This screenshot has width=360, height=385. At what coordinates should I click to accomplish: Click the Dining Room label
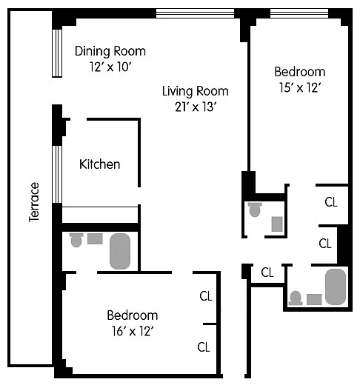(x=110, y=51)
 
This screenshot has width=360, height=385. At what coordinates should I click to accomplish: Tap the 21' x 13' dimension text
(x=196, y=107)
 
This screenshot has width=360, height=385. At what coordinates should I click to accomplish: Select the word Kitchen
(x=100, y=164)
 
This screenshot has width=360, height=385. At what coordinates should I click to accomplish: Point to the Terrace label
(x=34, y=202)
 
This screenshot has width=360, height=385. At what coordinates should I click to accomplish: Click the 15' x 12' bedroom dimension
(x=300, y=87)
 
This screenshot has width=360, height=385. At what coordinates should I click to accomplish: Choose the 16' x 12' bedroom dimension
(x=133, y=331)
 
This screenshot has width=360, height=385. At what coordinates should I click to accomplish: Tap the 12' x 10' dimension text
(x=110, y=67)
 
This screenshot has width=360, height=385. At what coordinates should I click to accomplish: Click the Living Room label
(x=196, y=91)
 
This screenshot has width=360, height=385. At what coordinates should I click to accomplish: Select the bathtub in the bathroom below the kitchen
(x=120, y=251)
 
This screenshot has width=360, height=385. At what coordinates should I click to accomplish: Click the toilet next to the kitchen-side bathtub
(x=76, y=240)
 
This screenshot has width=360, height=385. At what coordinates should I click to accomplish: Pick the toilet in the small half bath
(x=255, y=210)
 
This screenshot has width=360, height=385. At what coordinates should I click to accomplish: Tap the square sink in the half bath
(x=277, y=224)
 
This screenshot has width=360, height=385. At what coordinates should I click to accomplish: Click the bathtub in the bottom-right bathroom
(x=336, y=287)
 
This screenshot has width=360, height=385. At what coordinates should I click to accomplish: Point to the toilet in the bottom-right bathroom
(x=296, y=298)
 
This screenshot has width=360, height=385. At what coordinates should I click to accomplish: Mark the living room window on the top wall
(x=195, y=13)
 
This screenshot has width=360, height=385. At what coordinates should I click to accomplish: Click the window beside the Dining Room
(x=57, y=53)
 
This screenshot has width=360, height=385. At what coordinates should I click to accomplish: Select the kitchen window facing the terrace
(x=57, y=174)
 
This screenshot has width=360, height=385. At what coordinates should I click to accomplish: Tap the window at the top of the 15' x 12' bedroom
(x=299, y=13)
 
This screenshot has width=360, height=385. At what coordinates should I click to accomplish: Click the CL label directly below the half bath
(x=267, y=272)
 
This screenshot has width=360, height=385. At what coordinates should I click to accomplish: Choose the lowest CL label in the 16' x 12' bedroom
(x=204, y=347)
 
